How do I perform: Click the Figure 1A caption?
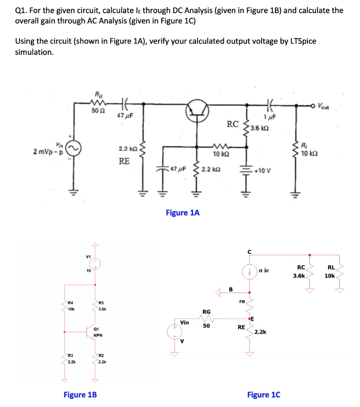pyautogui.click(x=182, y=213)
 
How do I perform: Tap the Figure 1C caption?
pyautogui.click(x=263, y=394)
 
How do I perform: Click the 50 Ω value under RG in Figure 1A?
pyautogui.click(x=97, y=110)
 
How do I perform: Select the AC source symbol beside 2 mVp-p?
pyautogui.click(x=74, y=148)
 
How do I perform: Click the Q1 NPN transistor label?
pyautogui.click(x=98, y=332)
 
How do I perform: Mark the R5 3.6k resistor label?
pyautogui.click(x=101, y=306)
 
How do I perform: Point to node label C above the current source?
pyautogui.click(x=249, y=252)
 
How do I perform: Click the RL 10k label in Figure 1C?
pyautogui.click(x=330, y=271)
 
